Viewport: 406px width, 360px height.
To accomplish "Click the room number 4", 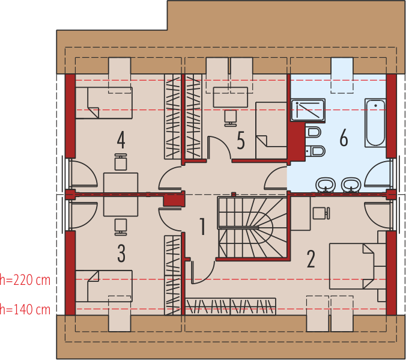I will [x=121, y=140].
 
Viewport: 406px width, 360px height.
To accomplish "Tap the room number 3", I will [x=121, y=254].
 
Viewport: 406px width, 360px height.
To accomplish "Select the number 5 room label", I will [x=241, y=141].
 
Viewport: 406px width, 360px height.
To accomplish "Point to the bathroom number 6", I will [x=344, y=138].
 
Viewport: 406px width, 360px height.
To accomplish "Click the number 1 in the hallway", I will [x=202, y=227].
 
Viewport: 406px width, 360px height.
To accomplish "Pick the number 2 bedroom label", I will [x=311, y=258].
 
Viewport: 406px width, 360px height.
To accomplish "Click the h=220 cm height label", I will [x=25, y=279].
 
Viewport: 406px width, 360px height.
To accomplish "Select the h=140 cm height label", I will [x=25, y=310].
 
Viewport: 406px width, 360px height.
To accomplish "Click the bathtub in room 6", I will [x=375, y=123].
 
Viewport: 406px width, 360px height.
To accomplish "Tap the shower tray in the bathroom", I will [x=308, y=111].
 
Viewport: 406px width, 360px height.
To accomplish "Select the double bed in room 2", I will [x=354, y=265].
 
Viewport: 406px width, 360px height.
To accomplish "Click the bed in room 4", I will [x=103, y=103].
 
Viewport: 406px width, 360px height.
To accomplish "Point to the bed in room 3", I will [x=103, y=286].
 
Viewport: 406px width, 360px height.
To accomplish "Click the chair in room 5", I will [x=230, y=117].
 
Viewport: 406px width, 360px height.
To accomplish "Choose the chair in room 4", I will [x=121, y=162].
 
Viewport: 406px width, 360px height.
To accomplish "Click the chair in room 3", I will [x=121, y=225].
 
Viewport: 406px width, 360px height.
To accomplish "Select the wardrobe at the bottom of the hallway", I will [x=231, y=306].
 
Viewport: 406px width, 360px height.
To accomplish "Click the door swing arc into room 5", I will [x=219, y=147].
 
